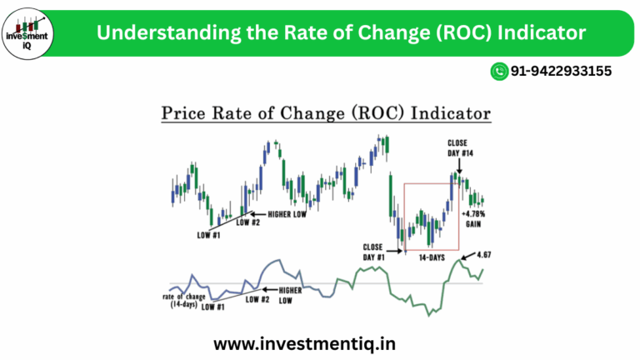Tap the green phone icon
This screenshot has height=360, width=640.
point(499,72)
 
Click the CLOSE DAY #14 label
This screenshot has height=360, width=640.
point(458,147)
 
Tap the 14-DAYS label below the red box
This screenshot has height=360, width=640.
point(430,259)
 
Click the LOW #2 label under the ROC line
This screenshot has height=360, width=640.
point(257,299)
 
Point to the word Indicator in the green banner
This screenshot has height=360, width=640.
point(538,32)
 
